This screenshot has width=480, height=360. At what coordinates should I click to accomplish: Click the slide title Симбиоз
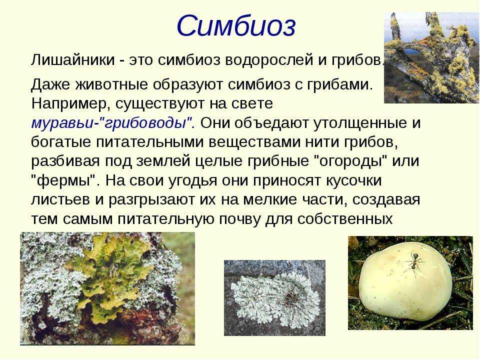(236, 26)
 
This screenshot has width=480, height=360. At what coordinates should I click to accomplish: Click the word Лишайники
(73, 60)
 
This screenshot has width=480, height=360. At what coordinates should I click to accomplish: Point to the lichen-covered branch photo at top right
(431, 57)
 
